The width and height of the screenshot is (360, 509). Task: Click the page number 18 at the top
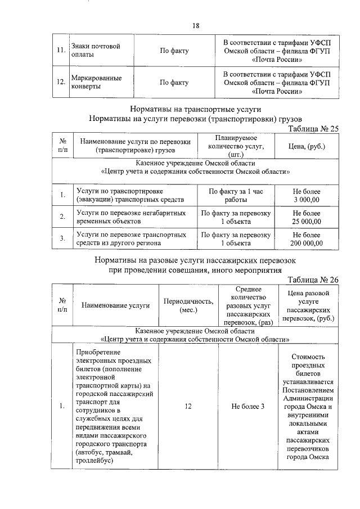[x=180, y=26]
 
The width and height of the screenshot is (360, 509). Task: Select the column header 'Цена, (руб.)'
[x=307, y=146]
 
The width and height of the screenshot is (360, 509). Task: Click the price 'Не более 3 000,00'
[x=307, y=196]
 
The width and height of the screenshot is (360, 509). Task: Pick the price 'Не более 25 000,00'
[x=307, y=217]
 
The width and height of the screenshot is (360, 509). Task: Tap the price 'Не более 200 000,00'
[x=307, y=239]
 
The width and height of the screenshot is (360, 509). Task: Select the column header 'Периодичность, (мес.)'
[x=188, y=306]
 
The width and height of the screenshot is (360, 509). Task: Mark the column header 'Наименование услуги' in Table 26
[x=115, y=306]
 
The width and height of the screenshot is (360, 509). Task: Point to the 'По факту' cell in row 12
[x=174, y=83]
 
